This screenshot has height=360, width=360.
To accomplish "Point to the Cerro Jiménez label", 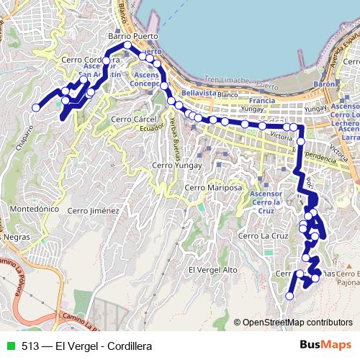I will click(92, 211).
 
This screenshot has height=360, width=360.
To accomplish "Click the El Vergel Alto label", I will click(212, 269).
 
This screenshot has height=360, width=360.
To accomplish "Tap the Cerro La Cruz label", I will click(264, 235).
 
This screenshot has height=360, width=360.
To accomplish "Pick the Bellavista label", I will click(199, 93).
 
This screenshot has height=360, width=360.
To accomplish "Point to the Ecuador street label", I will click(148, 127).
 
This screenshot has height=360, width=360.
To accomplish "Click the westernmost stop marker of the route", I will click(35, 108).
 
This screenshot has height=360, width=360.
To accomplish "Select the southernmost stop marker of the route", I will click(290, 296).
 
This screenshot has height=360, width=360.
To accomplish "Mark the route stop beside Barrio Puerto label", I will click(127, 45).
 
